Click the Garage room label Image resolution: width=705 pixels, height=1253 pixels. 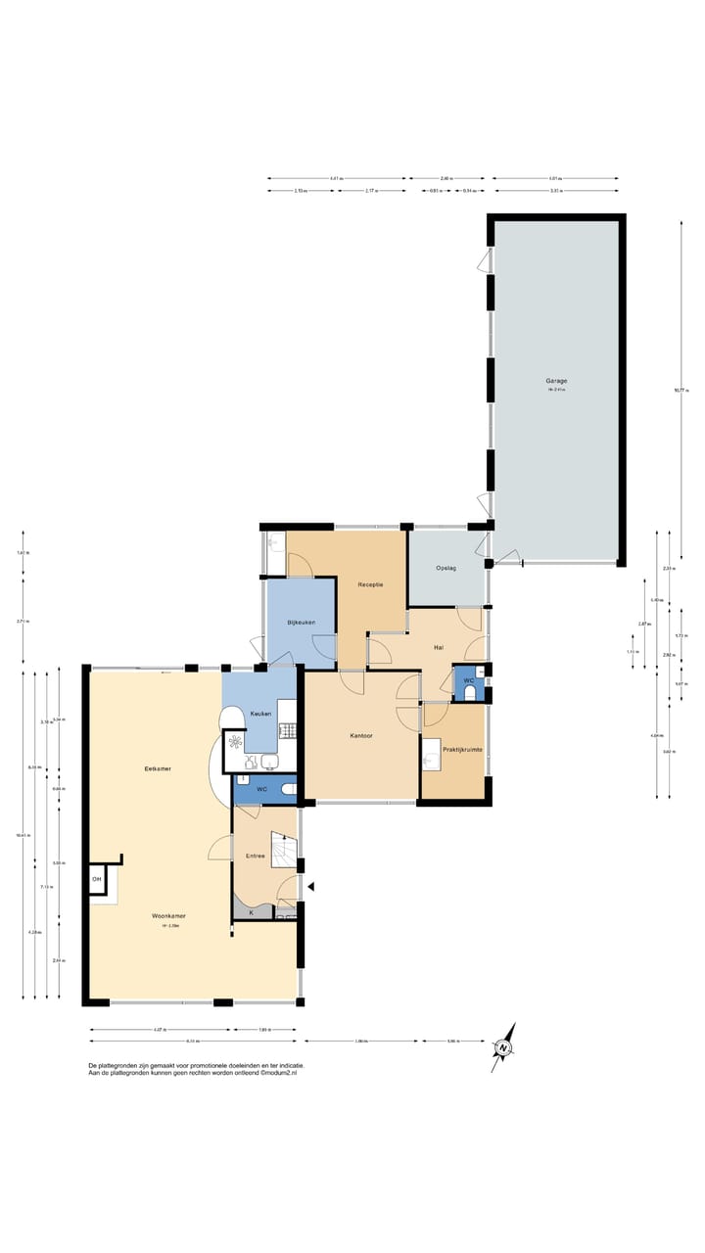[x=556, y=381]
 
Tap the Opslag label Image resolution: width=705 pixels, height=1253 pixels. [x=446, y=567]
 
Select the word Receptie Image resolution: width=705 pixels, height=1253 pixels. [x=370, y=584]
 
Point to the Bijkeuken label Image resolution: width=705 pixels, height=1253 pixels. [x=300, y=623]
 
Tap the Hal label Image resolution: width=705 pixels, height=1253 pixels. [x=440, y=647]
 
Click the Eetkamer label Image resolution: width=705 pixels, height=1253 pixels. [x=158, y=768]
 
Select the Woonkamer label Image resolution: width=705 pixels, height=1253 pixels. [x=168, y=916]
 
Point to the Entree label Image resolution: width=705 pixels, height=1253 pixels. [x=255, y=856]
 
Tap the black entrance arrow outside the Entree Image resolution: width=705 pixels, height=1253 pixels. [x=311, y=887]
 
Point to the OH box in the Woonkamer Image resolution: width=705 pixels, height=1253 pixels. [x=97, y=879]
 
